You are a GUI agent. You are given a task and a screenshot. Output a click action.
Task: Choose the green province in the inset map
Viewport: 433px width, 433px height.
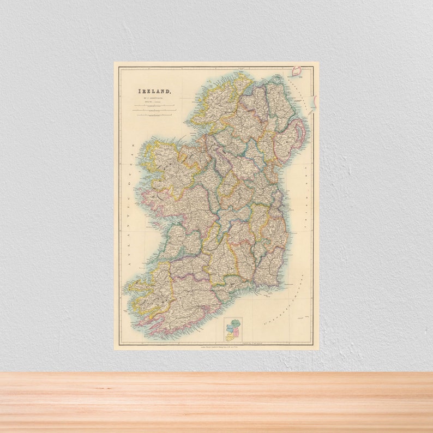237,323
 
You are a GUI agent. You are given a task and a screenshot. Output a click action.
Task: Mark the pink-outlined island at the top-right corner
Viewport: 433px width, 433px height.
297,71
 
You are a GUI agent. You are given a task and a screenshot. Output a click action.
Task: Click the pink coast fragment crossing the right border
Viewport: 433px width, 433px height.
314,101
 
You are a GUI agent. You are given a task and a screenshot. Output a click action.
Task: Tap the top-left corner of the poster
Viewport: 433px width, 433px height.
115,63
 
